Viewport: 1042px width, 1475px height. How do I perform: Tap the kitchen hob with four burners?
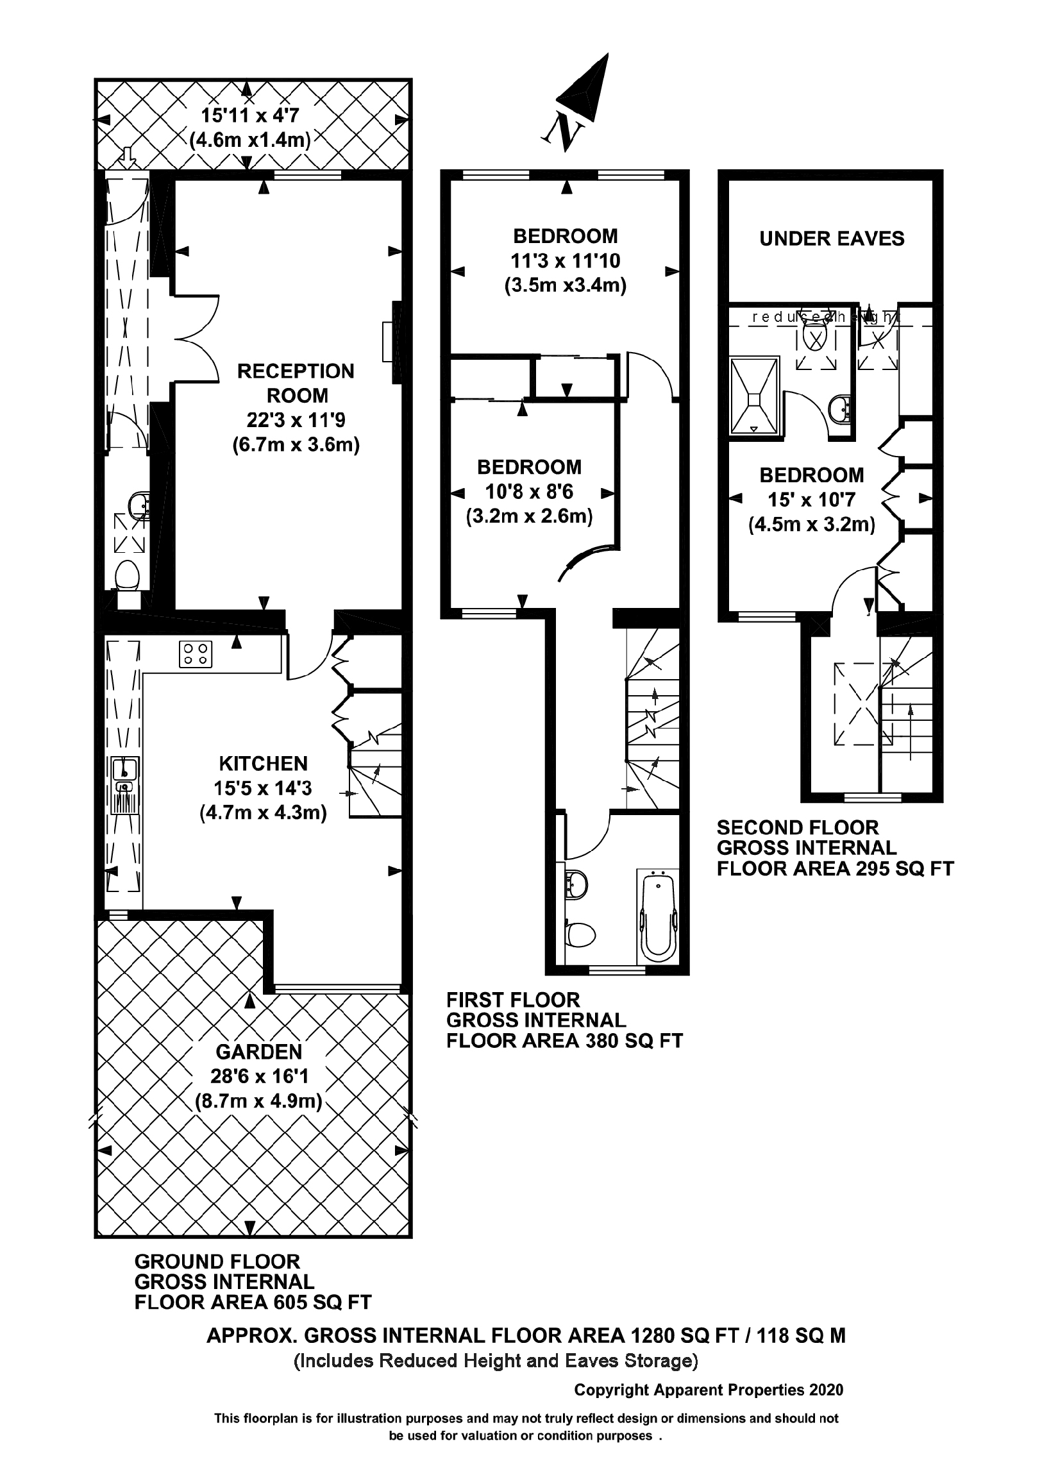click(196, 654)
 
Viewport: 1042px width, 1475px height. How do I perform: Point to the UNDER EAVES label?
click(831, 239)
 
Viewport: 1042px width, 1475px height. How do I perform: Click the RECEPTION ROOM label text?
click(296, 383)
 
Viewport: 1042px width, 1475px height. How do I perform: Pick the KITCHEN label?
click(264, 763)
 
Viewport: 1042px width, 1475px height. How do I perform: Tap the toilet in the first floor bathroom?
click(580, 935)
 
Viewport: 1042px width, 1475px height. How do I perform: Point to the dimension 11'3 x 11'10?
click(566, 261)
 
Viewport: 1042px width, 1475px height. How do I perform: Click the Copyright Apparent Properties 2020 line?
click(708, 1390)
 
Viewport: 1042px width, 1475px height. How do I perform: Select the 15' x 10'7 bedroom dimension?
click(811, 500)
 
